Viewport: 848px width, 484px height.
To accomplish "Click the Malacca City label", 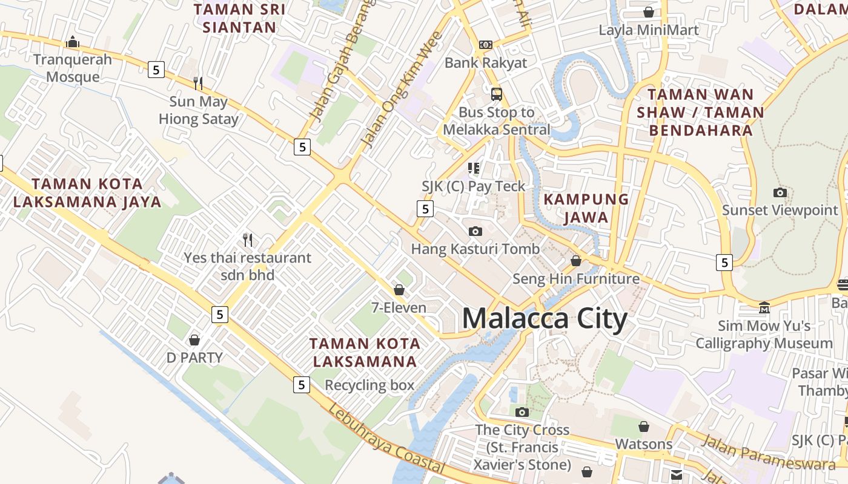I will [544, 319].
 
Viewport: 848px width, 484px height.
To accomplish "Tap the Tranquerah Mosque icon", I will [73, 42].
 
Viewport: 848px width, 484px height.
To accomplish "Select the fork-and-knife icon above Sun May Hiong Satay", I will [198, 83].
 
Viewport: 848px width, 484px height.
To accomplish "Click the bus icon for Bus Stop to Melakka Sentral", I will [497, 94].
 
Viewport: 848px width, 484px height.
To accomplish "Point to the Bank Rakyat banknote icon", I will [485, 44].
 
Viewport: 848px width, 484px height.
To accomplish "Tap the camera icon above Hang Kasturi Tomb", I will [475, 231].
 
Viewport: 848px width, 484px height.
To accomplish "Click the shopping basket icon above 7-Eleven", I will [399, 290].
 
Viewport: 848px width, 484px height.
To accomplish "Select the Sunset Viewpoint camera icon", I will [780, 193].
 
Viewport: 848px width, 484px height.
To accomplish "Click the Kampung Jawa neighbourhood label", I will [586, 208].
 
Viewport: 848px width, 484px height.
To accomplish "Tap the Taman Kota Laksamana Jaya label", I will [96, 193].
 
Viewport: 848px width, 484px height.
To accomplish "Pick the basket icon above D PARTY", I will [194, 340].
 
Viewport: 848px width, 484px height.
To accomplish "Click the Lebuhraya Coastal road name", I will [387, 440].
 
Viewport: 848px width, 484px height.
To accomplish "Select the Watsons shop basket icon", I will [644, 427].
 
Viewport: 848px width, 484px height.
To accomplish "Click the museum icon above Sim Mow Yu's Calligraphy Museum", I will [764, 308].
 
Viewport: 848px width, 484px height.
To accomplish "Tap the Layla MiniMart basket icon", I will [649, 12].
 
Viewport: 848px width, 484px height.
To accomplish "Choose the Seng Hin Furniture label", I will [576, 279].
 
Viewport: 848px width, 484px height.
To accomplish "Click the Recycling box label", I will [369, 385].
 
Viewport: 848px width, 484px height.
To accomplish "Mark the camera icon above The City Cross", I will [522, 413].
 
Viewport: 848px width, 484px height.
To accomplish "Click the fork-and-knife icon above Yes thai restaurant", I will [247, 240].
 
